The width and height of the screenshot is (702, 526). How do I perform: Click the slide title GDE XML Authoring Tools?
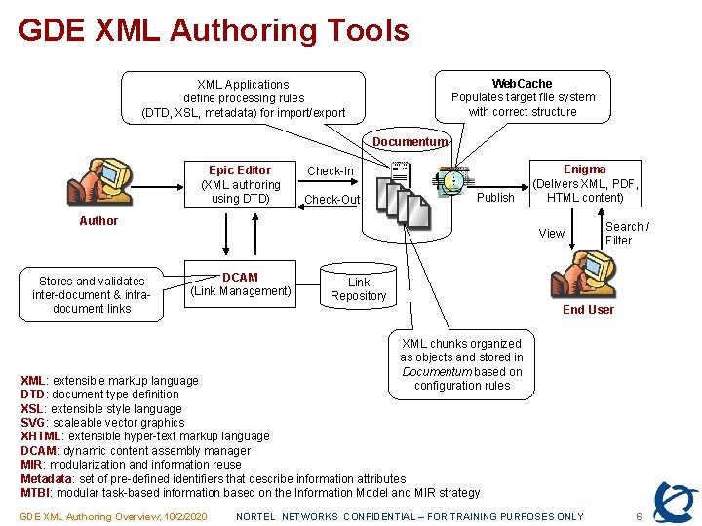click(x=214, y=30)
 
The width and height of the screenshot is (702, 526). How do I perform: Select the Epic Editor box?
click(x=240, y=184)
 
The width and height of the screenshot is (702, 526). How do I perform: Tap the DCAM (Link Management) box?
click(x=240, y=283)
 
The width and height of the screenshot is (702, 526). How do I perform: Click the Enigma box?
click(x=584, y=183)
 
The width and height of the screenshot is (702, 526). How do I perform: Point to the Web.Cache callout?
click(x=523, y=97)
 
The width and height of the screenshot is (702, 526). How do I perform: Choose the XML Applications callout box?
click(x=243, y=98)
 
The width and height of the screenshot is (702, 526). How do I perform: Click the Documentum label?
click(x=409, y=142)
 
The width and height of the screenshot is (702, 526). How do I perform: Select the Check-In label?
click(x=331, y=171)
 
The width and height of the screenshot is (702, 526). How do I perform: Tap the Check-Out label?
click(x=331, y=200)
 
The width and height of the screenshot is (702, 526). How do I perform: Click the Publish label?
click(x=495, y=198)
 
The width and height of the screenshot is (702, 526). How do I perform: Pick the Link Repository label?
click(x=358, y=289)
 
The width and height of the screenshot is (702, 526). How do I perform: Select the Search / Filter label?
click(x=627, y=234)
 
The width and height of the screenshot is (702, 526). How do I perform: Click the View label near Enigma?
click(x=552, y=234)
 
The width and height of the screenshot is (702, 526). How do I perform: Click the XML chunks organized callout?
click(x=461, y=364)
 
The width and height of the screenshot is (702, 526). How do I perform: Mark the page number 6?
click(x=639, y=516)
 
